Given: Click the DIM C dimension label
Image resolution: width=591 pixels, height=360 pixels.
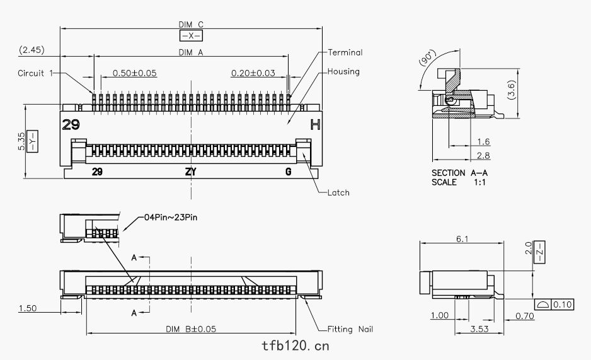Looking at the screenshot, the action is pyautogui.click(x=191, y=25).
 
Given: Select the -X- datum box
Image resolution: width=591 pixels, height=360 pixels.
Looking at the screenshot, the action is pyautogui.click(x=191, y=36).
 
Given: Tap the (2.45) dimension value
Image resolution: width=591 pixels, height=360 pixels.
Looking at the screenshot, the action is pyautogui.click(x=32, y=50).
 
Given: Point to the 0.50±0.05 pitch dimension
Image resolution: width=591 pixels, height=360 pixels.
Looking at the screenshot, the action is pyautogui.click(x=135, y=73).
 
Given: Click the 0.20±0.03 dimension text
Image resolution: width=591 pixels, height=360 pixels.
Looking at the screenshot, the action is pyautogui.click(x=253, y=73).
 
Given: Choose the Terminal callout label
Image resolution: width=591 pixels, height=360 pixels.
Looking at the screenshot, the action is pyautogui.click(x=345, y=52).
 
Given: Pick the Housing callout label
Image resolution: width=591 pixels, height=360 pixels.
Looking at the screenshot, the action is pyautogui.click(x=343, y=71).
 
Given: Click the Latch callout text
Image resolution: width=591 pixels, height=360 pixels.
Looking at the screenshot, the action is pyautogui.click(x=338, y=193).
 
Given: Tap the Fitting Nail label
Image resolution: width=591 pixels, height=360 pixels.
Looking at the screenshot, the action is pyautogui.click(x=350, y=329).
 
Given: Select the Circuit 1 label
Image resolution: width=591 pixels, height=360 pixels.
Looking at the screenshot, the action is pyautogui.click(x=35, y=73).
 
